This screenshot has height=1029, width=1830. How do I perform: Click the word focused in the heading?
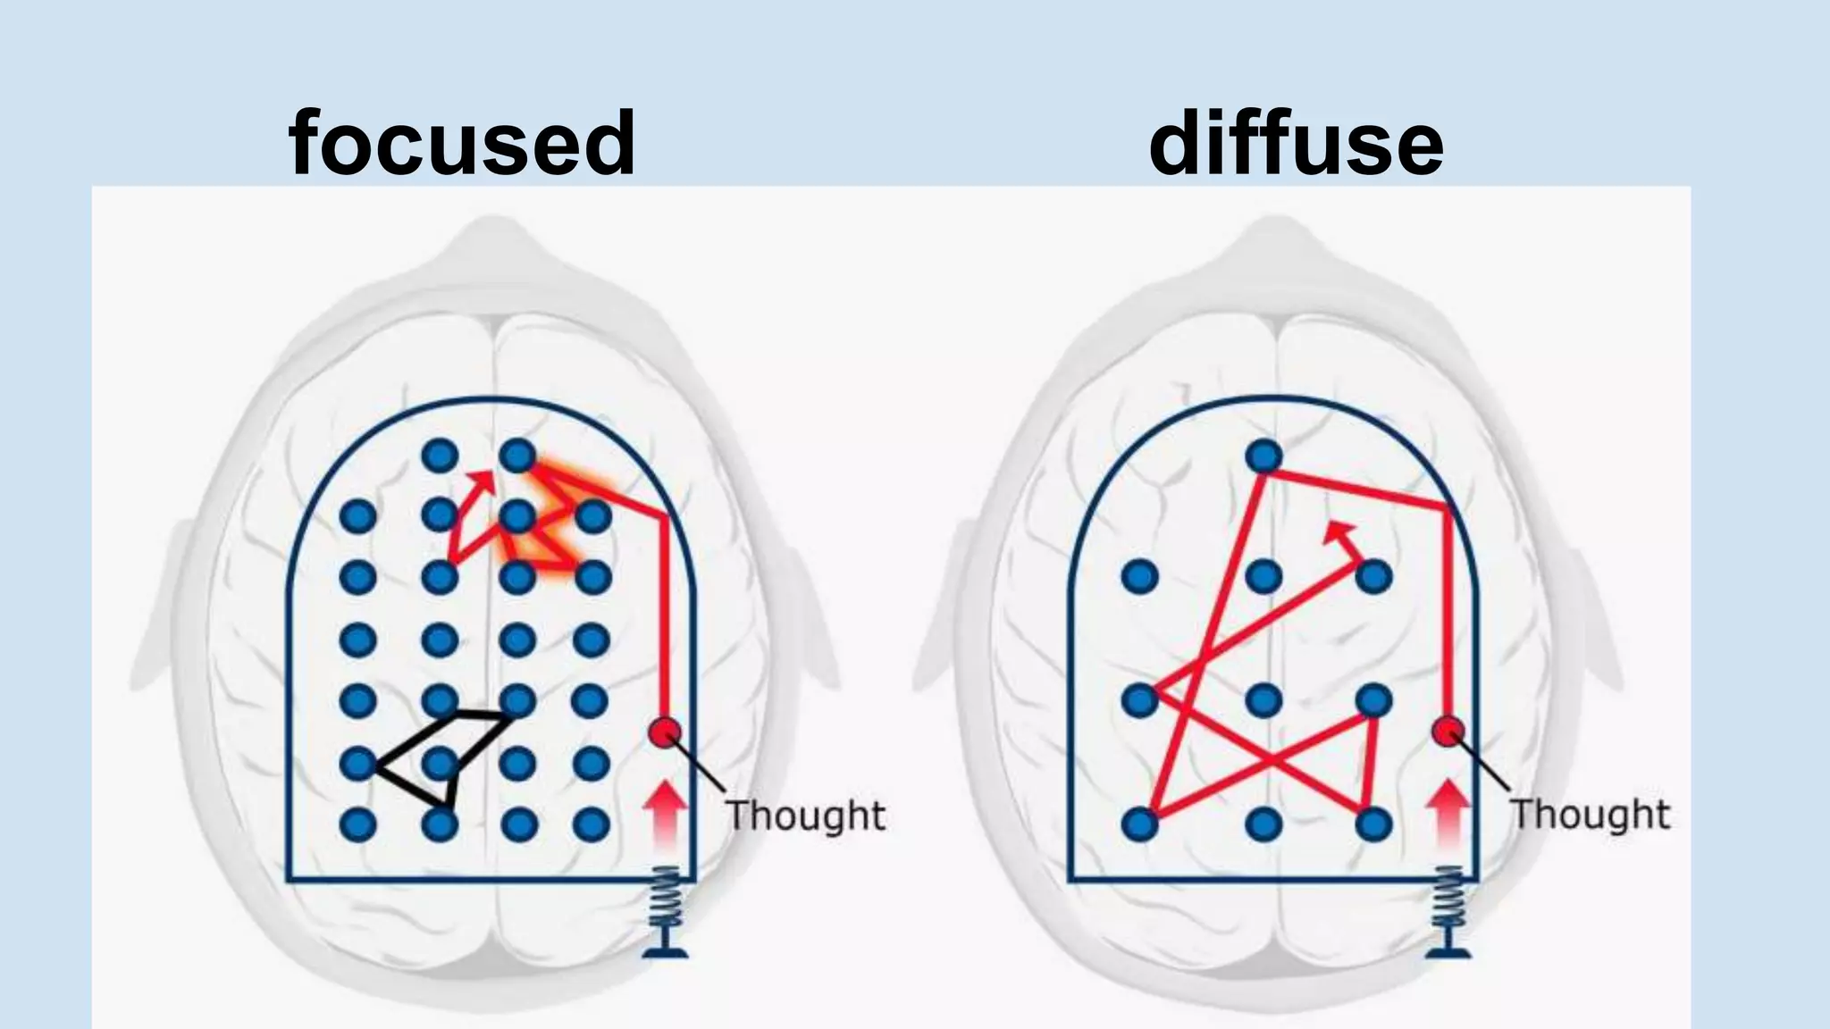(462, 143)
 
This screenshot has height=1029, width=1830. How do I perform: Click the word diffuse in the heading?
(1296, 143)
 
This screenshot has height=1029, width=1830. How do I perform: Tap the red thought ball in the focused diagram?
(664, 732)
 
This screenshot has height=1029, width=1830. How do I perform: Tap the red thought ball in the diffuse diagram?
(1448, 732)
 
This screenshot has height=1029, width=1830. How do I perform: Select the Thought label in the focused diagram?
(804, 816)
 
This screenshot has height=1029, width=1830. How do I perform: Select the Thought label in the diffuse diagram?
(1590, 814)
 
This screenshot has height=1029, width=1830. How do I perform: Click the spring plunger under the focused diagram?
(666, 911)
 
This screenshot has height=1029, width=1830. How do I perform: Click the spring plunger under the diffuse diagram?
(1448, 911)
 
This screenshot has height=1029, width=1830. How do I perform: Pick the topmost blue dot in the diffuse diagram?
(1263, 456)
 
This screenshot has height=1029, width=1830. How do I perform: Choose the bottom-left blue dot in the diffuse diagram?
(1139, 824)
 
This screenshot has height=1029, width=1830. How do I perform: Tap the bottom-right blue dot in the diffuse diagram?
(1374, 824)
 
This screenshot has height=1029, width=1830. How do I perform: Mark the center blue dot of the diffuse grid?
(1263, 699)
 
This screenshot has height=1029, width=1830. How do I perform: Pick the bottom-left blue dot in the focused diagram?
(358, 824)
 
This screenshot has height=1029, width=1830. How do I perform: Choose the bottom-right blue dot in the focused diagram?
(591, 824)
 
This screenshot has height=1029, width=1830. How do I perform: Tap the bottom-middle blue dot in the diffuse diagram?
(1263, 824)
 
